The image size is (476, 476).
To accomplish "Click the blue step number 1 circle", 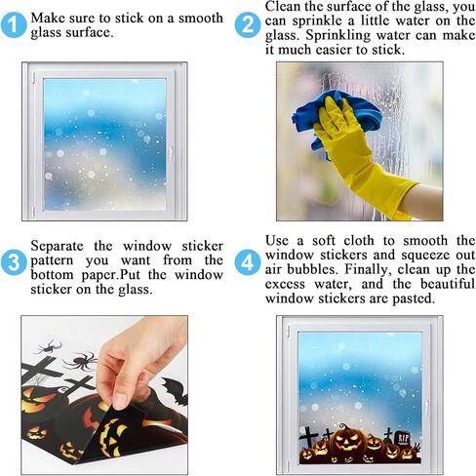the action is pyautogui.click(x=14, y=25).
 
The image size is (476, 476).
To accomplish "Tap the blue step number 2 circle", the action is pyautogui.click(x=248, y=25).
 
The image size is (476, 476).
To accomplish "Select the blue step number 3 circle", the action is pyautogui.click(x=14, y=262).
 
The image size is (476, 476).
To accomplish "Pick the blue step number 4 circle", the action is pyautogui.click(x=248, y=262).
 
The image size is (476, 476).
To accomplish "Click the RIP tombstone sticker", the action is pyautogui.click(x=403, y=439).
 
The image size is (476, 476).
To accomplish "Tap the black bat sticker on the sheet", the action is pyautogui.click(x=174, y=390).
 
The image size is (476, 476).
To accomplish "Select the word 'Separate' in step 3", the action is pyautogui.click(x=57, y=246).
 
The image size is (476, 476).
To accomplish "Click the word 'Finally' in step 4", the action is pyautogui.click(x=367, y=269).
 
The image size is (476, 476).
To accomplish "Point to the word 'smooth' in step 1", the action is pyautogui.click(x=201, y=19).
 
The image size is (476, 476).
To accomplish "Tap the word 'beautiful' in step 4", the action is pyautogui.click(x=448, y=284).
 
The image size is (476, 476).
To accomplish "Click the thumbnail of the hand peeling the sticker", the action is pyautogui.click(x=104, y=395).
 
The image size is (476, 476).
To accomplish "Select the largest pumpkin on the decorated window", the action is pyautogui.click(x=348, y=441).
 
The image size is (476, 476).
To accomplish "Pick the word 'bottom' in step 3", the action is pyautogui.click(x=52, y=275).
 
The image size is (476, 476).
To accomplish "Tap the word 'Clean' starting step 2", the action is pyautogui.click(x=284, y=7).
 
